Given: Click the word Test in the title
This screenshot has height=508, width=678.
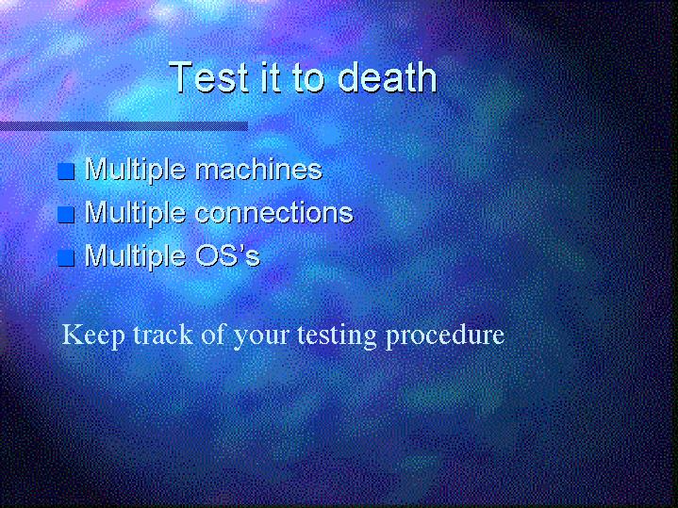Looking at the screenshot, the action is click(x=208, y=77).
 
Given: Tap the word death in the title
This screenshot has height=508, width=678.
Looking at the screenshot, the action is click(x=387, y=77).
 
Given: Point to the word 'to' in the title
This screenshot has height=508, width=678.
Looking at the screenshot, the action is click(x=308, y=78).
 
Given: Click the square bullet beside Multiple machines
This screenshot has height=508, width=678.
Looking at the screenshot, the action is click(x=66, y=172).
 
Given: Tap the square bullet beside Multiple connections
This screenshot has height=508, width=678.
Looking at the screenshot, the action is click(x=66, y=215).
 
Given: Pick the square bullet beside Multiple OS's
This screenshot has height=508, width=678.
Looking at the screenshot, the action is click(x=66, y=258).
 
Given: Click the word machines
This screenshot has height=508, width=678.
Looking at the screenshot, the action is click(x=259, y=169).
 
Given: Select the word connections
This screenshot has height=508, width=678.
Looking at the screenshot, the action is click(x=274, y=213).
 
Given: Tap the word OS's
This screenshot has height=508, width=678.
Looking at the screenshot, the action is click(x=227, y=255).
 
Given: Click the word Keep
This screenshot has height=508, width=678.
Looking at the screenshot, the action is click(x=93, y=336).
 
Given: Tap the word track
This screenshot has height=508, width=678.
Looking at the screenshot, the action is click(x=162, y=335).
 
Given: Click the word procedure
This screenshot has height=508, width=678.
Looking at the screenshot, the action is click(x=445, y=336).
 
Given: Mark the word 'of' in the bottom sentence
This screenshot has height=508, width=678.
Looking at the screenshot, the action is click(x=213, y=335).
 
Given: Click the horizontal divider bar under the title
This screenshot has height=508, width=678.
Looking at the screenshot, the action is click(x=124, y=126).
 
